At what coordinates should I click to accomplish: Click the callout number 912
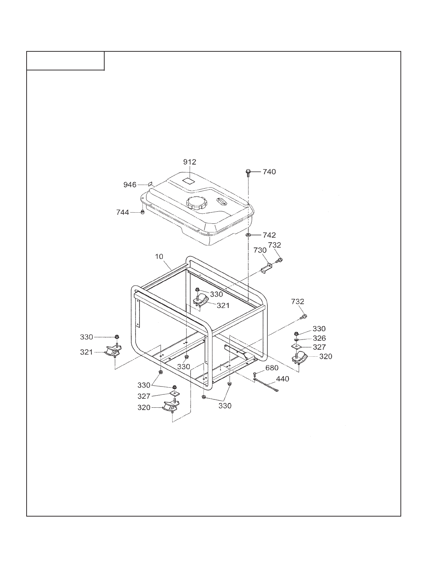(x=190, y=162)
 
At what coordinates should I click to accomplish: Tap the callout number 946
(x=130, y=185)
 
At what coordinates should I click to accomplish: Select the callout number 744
(x=123, y=212)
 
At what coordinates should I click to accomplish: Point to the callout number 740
(x=269, y=172)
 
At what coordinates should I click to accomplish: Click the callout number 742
(x=269, y=235)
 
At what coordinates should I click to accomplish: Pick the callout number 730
(x=260, y=250)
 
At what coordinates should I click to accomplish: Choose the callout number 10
(x=159, y=256)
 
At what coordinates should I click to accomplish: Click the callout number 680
(x=272, y=368)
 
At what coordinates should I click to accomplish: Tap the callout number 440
(x=283, y=379)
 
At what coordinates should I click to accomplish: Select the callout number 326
(x=319, y=338)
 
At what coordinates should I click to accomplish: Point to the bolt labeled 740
(x=248, y=173)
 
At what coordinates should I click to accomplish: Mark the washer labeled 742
(x=248, y=235)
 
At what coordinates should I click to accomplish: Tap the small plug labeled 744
(x=142, y=212)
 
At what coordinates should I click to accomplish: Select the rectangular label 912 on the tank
(x=188, y=181)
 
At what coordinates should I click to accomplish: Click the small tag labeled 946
(x=150, y=184)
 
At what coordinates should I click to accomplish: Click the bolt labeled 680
(x=255, y=375)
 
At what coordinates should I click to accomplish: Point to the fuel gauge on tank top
(x=221, y=202)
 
